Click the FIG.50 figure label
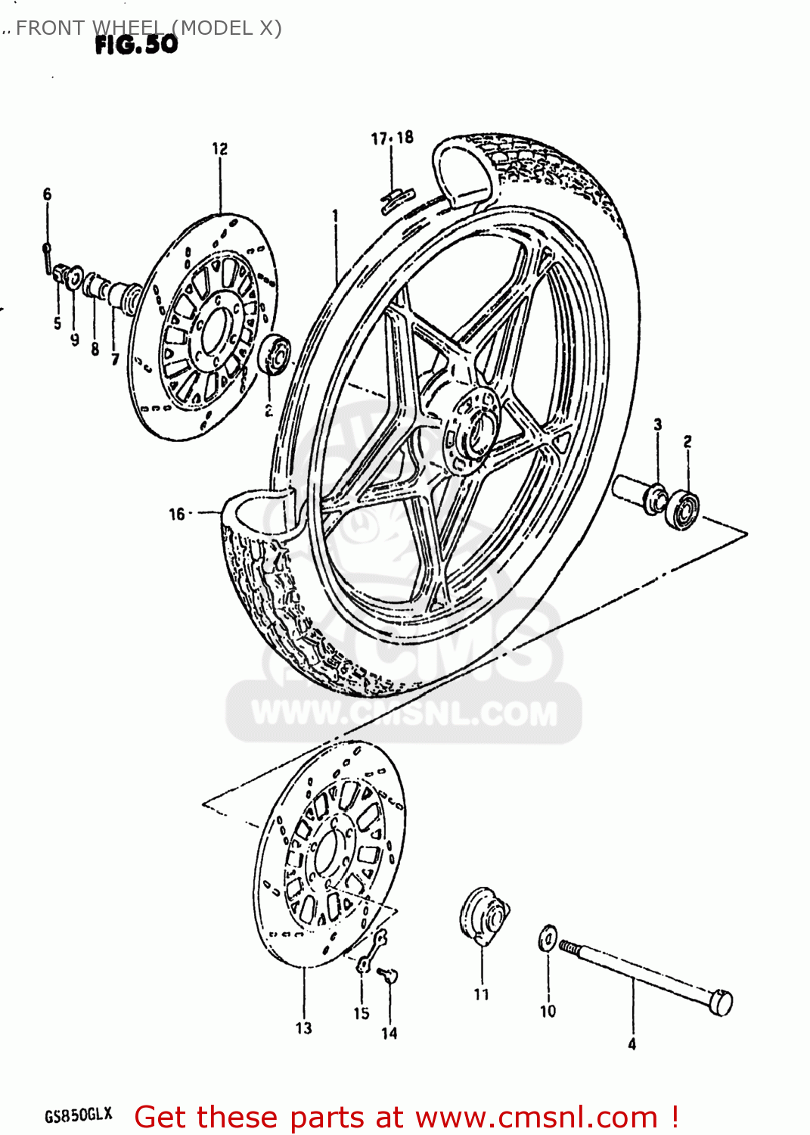pos(136,45)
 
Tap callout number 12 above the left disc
pos(219,149)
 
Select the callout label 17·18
pos(392,138)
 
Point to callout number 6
pos(47,194)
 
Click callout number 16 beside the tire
pos(176,515)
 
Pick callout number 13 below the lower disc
pos(303,1028)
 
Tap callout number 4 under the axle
pos(632,1044)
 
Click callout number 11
pos(481,994)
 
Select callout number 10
pos(548,1011)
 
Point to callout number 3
pos(657,425)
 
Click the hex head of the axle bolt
pos(722,1002)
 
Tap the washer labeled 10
pos(548,939)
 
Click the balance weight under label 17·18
pos(396,199)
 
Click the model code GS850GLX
pos(79,1115)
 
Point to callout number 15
pos(361,1013)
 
